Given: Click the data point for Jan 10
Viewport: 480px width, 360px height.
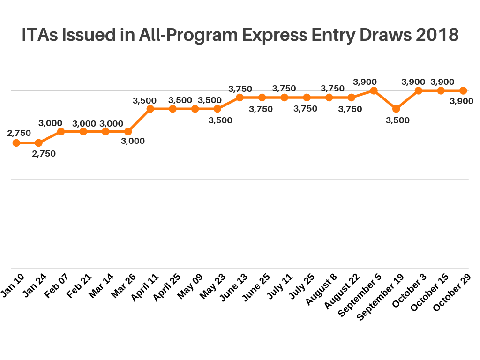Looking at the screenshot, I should [x=16, y=143].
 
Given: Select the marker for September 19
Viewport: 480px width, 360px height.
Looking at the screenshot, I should [x=396, y=109].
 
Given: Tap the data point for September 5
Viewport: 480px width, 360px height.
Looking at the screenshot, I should [x=374, y=90].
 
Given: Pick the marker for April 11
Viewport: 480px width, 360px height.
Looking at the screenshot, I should [x=150, y=109].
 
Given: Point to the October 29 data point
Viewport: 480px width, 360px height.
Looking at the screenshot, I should [x=463, y=90].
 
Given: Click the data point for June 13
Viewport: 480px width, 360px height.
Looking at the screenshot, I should [x=240, y=97].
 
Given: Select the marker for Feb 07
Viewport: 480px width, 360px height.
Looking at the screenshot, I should [x=61, y=132].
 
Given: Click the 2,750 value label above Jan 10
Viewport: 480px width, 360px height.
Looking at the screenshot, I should [x=19, y=133].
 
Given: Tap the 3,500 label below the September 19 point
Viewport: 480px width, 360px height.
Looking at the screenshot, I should [x=397, y=120].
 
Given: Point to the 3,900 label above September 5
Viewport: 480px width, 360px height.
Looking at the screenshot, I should [x=365, y=82].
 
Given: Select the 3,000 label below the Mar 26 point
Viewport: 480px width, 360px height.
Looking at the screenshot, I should [x=133, y=141].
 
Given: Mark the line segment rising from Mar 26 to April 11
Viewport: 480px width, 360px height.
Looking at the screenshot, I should [x=139, y=120].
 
